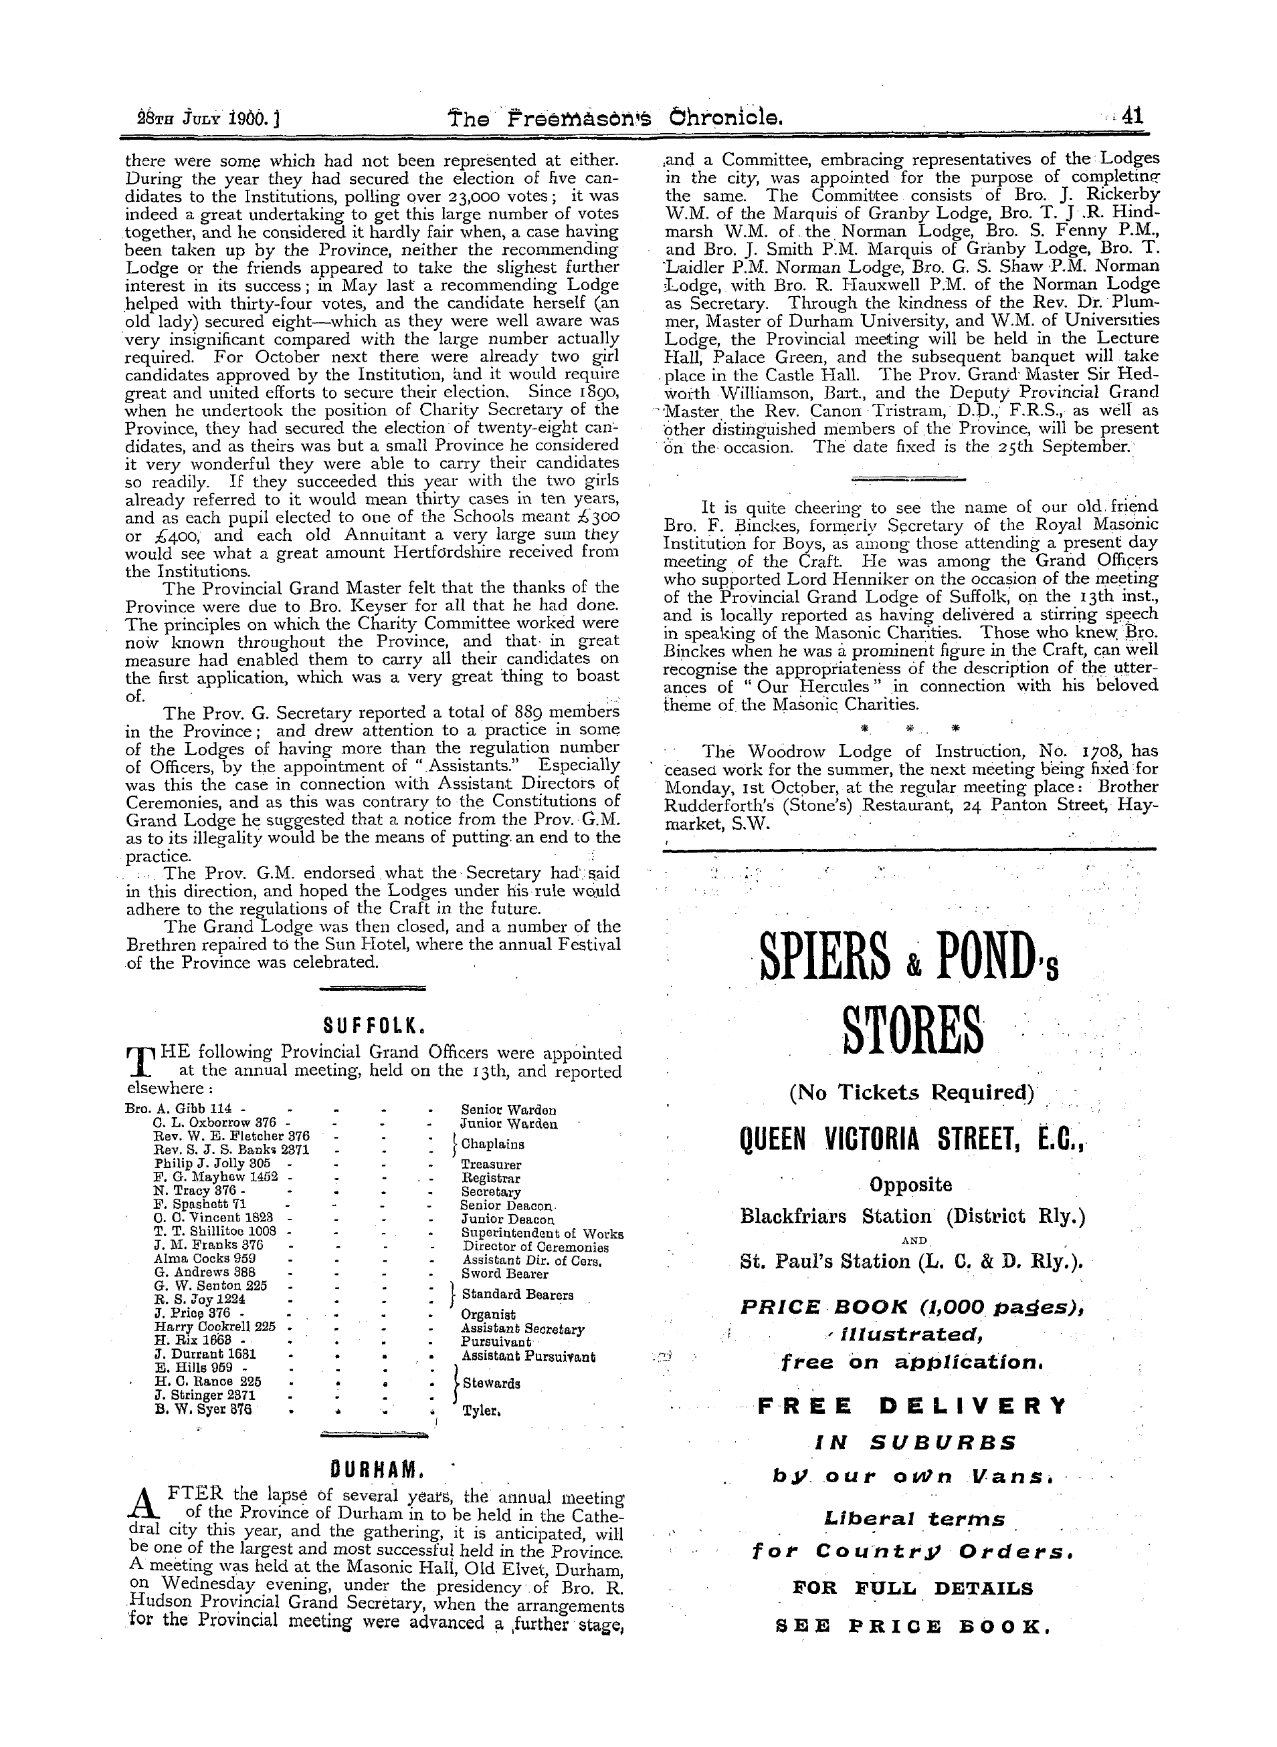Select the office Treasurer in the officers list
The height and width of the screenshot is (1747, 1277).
(491, 1163)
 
